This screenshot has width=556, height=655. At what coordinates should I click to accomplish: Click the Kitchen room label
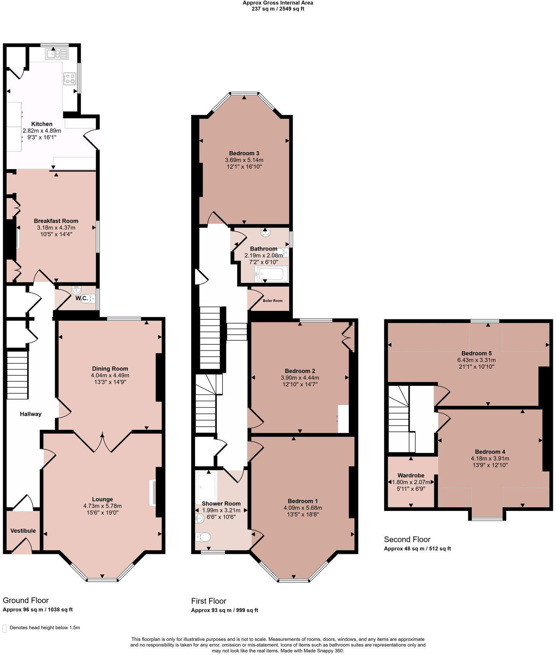pyautogui.click(x=42, y=124)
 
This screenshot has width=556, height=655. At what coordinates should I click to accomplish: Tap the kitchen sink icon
pyautogui.click(x=56, y=54)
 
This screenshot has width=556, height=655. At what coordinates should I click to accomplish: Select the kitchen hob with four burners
pyautogui.click(x=69, y=79)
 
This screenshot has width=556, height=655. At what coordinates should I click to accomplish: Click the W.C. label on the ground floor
pyautogui.click(x=81, y=298)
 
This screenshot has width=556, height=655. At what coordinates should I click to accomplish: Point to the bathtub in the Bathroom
pyautogui.click(x=271, y=275)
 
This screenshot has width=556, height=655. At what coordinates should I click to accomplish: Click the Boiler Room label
pyautogui.click(x=273, y=300)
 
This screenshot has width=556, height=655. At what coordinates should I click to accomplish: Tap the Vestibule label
pyautogui.click(x=23, y=531)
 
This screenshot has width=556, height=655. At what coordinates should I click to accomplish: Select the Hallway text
pyautogui.click(x=31, y=414)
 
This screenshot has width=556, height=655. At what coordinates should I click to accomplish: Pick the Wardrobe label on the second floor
pyautogui.click(x=411, y=475)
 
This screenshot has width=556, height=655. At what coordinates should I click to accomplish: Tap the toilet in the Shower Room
pyautogui.click(x=203, y=537)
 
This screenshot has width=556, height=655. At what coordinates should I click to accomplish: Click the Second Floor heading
pyautogui.click(x=407, y=539)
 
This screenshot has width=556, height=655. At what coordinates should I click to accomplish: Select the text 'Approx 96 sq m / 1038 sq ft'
pyautogui.click(x=37, y=609)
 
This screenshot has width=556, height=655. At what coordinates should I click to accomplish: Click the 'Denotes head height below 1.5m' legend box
pyautogui.click(x=5, y=628)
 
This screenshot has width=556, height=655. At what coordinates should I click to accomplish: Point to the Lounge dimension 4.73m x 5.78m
pyautogui.click(x=102, y=506)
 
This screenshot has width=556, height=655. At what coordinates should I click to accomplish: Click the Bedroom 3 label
pyautogui.click(x=244, y=153)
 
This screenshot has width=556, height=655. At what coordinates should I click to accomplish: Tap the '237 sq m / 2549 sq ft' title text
pyautogui.click(x=278, y=8)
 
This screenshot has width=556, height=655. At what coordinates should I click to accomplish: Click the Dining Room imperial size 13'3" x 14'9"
pyautogui.click(x=110, y=382)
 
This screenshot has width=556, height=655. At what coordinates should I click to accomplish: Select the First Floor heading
pyautogui.click(x=208, y=601)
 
